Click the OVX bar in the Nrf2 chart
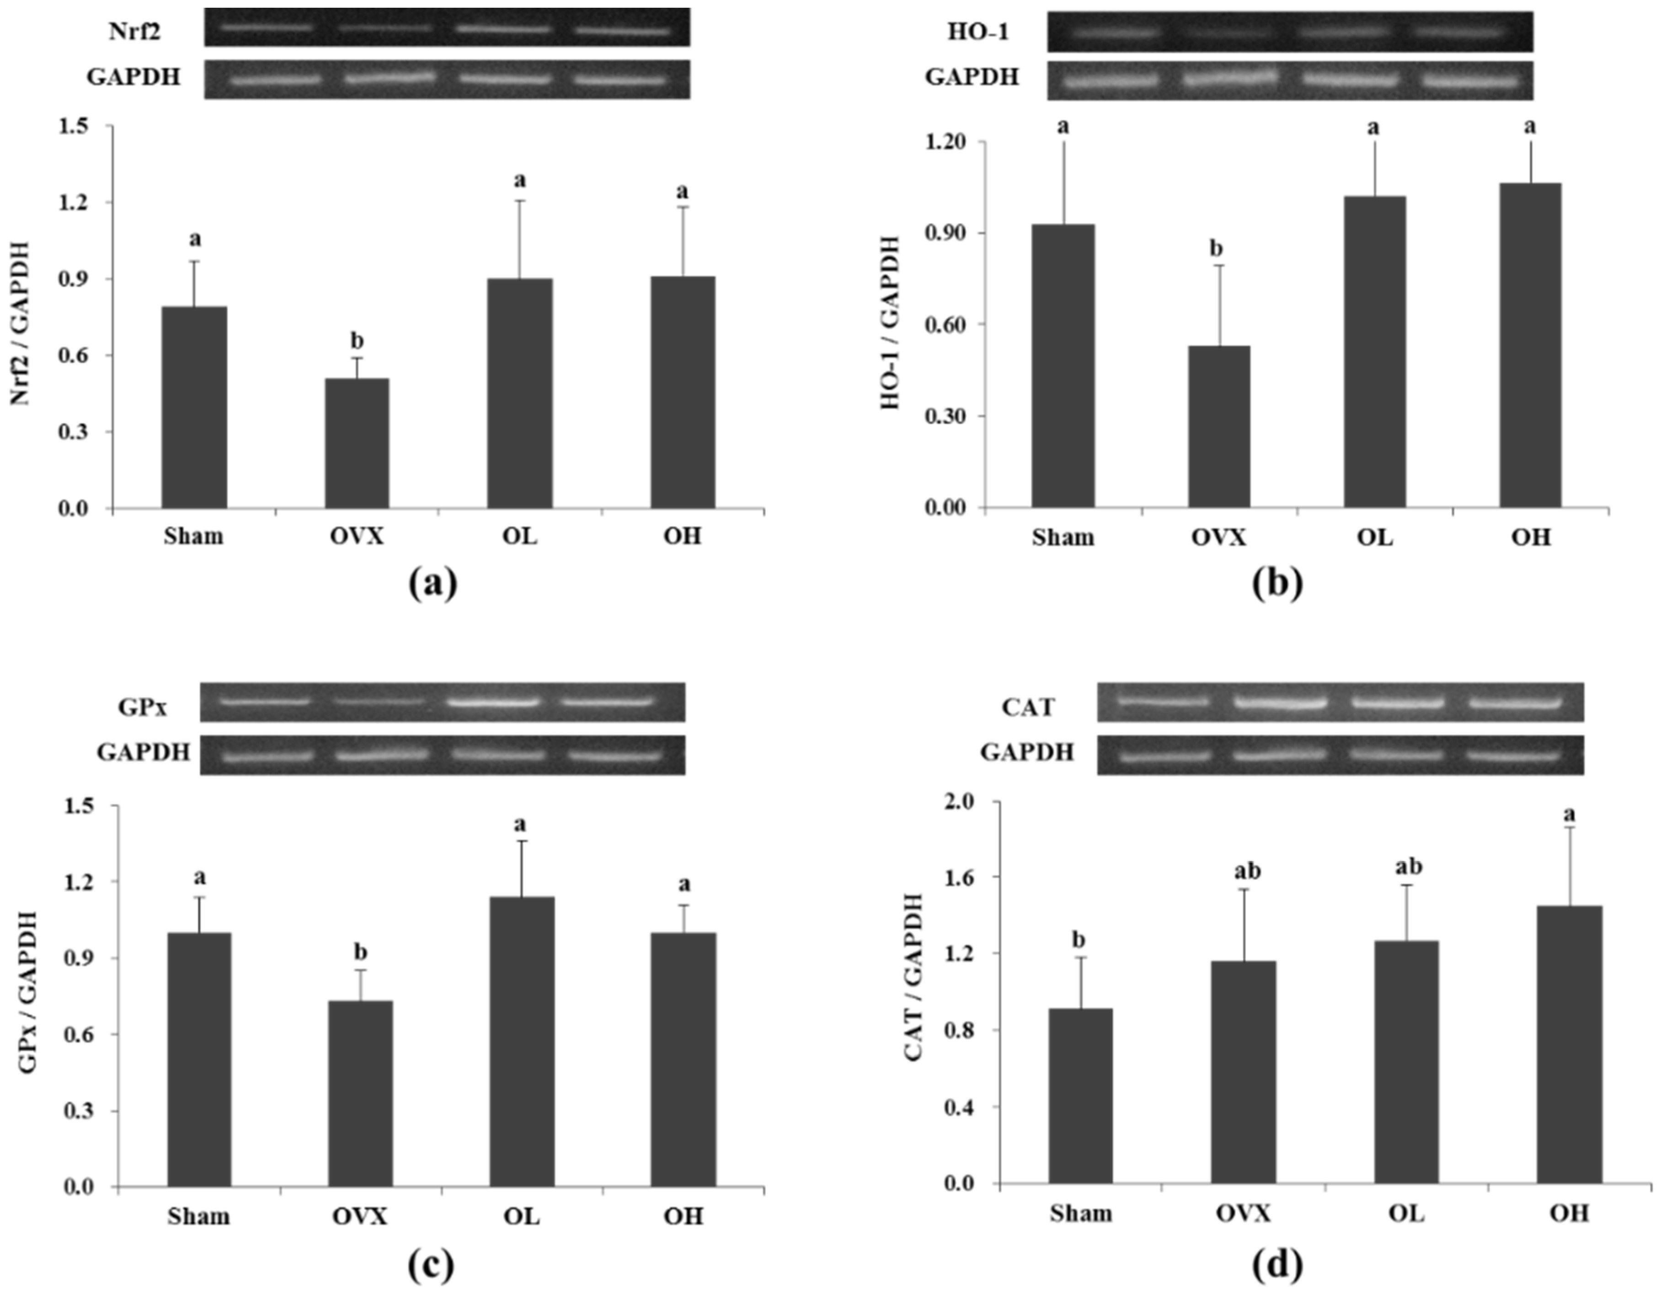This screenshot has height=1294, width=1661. point(357,443)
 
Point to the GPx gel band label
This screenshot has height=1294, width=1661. point(142,707)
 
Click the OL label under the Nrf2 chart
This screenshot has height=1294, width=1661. point(520,537)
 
